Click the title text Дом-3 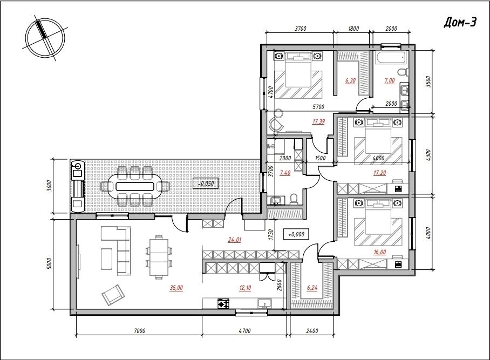click(x=460, y=23)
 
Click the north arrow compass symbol click(x=45, y=37)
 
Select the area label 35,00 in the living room click(x=176, y=288)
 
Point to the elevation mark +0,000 click(x=296, y=234)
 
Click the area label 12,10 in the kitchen click(x=246, y=288)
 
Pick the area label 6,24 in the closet click(x=311, y=288)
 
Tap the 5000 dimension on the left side click(x=49, y=263)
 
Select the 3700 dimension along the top click(x=301, y=29)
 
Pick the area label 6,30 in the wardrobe click(x=350, y=80)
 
